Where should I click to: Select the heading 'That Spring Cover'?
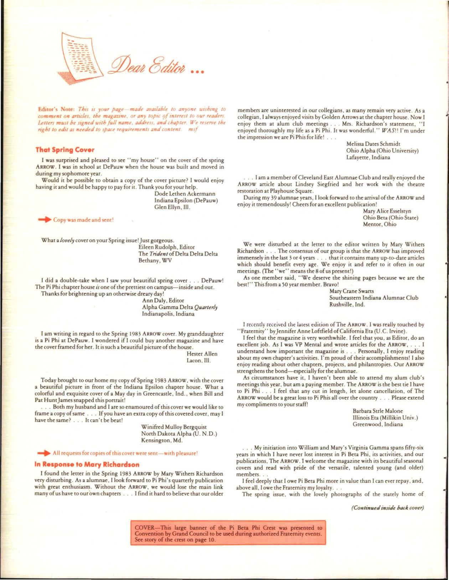pyautogui.click(x=65, y=150)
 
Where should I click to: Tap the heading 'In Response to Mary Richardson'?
pyautogui.click(x=87, y=464)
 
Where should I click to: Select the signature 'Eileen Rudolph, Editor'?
pyautogui.click(x=166, y=247)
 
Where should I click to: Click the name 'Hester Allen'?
pyautogui.click(x=202, y=354)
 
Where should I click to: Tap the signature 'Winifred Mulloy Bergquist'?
pyautogui.click(x=174, y=427)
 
